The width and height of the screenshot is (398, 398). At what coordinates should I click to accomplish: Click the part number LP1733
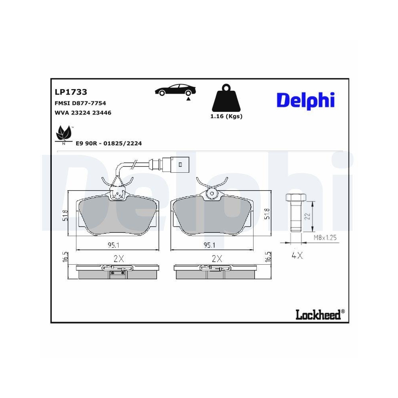pos(70,92)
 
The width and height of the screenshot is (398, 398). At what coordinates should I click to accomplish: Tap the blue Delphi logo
pos(305,100)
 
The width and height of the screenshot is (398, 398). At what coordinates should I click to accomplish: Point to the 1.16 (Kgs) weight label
pos(226,117)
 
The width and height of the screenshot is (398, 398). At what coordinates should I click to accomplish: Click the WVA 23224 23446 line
pos(82,113)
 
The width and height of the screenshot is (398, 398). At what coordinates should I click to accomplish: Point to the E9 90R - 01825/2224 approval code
pos(109,143)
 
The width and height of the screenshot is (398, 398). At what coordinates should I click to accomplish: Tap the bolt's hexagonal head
pos(295,197)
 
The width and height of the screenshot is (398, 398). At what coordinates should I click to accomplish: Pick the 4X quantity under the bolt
pos(297,256)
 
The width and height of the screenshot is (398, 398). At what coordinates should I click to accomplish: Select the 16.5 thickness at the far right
pos(269,257)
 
